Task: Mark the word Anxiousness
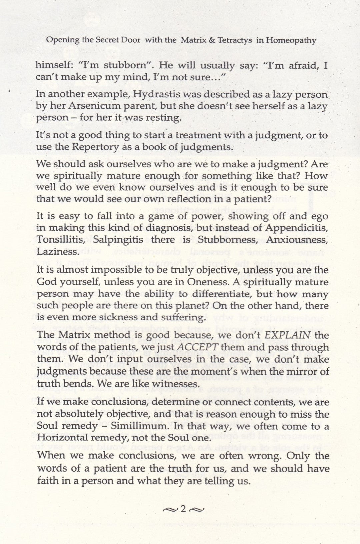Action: pos(300,240)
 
